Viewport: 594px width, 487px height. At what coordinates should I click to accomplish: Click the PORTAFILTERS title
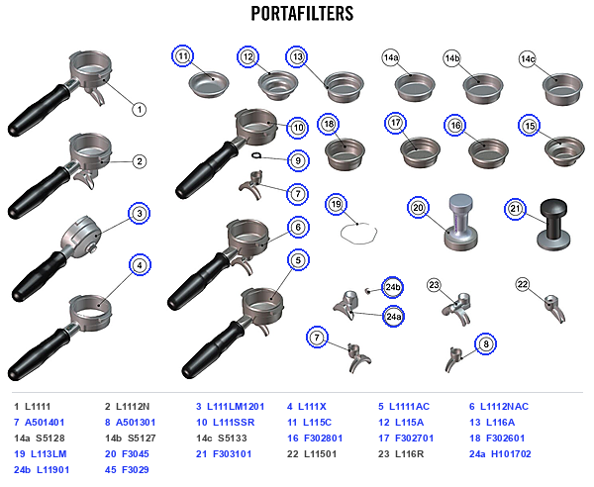point(302,13)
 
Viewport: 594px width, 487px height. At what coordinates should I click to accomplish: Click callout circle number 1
point(140,110)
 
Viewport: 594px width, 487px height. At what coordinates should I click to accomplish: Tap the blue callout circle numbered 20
point(418,208)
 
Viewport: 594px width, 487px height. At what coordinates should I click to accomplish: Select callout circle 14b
point(452,58)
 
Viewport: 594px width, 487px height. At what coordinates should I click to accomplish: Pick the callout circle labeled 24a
point(393,316)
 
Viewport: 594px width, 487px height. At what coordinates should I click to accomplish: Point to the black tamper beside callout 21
point(553,225)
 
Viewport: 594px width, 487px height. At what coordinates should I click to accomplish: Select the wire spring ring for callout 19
point(358,234)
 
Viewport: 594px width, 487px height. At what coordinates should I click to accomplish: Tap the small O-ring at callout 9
point(256,155)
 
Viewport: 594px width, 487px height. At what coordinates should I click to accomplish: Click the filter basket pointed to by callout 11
point(209,84)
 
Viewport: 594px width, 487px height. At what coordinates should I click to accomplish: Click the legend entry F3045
point(136,453)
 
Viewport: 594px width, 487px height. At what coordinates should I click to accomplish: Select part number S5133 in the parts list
point(233,438)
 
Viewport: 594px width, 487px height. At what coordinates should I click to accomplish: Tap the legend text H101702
point(511,453)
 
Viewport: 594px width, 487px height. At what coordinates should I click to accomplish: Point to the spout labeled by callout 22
point(555,309)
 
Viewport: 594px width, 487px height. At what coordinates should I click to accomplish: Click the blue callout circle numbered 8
point(486,343)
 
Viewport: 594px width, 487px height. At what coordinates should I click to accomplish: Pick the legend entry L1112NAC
point(504,407)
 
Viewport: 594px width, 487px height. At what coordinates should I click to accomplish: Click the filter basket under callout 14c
point(562,89)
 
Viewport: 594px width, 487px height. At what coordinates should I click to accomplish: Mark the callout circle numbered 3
point(140,213)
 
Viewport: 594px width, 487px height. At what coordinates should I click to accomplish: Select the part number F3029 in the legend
point(136,469)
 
